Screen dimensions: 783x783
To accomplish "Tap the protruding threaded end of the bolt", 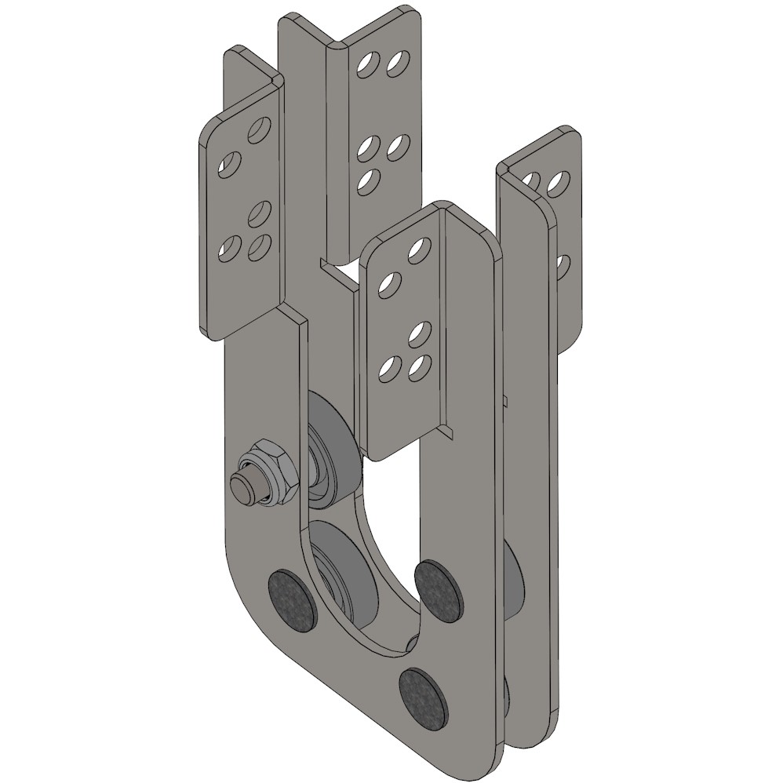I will pos(245,487).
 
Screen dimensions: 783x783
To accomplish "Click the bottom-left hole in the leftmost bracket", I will pos(229,250).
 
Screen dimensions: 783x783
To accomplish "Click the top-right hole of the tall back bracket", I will pos(398,64).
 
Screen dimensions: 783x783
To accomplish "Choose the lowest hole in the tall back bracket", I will pos(366,180).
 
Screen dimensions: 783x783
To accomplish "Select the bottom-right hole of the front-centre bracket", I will pos(421,366).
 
